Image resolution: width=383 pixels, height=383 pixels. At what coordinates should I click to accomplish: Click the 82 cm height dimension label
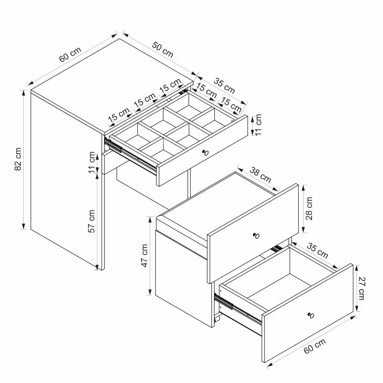coord(18,159)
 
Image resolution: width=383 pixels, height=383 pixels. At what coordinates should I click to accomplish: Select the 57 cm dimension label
coord(92,221)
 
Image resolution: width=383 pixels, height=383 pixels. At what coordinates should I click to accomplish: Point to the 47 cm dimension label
coord(144,255)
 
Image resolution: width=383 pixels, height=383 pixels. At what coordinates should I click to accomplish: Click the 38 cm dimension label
coord(261,175)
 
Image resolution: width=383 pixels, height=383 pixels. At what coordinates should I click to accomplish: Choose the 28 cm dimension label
coord(309,208)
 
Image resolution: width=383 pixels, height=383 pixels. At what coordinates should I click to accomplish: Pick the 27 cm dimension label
coord(361,288)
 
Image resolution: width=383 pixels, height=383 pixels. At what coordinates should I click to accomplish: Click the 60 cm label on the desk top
coord(70,55)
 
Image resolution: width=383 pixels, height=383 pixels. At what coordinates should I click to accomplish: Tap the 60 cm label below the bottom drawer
coord(315,346)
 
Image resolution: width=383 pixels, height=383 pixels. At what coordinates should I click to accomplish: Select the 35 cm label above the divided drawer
coord(224,86)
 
